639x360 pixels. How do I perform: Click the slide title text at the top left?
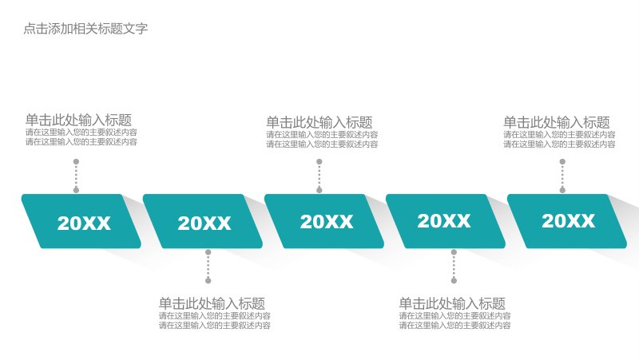coord(85,29)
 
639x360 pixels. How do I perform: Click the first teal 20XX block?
coord(81,221)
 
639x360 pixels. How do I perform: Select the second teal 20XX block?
coord(203,221)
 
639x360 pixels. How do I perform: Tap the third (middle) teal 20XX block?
coord(324,221)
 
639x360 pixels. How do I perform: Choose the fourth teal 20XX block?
coord(446,221)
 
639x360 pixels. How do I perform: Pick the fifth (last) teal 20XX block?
coord(567,221)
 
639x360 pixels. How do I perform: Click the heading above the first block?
coord(78,120)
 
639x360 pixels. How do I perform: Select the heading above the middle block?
coord(319,122)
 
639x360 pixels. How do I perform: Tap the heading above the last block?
coord(557,122)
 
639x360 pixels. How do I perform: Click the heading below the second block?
coord(212,303)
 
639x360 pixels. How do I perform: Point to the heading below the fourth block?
coord(452,303)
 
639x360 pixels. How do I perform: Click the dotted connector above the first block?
coord(76,176)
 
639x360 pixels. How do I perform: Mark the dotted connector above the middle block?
coord(319,176)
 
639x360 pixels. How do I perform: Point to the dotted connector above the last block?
coord(563,176)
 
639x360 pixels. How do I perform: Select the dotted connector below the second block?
coord(208,267)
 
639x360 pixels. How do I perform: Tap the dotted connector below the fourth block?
coord(454,267)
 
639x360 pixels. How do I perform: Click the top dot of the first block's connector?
coord(76,162)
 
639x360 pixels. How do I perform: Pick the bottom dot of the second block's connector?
coord(208,281)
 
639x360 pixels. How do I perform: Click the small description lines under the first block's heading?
coord(81,137)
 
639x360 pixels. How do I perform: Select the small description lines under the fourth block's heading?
coord(454,321)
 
